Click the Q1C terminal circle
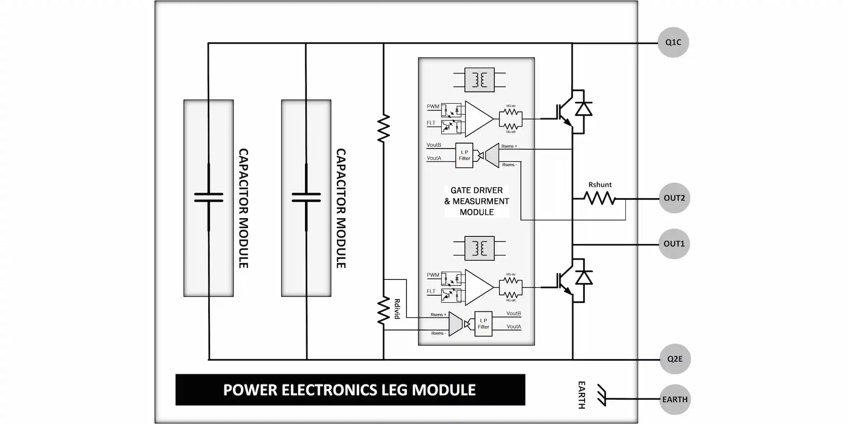(673, 42)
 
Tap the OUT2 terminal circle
(674, 198)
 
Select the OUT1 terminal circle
(674, 244)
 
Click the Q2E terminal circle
(675, 359)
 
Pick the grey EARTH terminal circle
(675, 399)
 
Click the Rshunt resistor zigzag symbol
(599, 198)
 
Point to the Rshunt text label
(600, 185)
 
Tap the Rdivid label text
(397, 309)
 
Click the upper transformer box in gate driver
(479, 80)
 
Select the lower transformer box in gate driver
(479, 248)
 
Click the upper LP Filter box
(464, 155)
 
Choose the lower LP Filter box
(483, 324)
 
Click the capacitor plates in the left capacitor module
(209, 197)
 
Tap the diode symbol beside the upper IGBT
(584, 109)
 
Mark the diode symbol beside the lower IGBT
(584, 278)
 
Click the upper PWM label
(433, 107)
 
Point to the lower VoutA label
(514, 326)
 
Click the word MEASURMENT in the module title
(481, 201)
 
